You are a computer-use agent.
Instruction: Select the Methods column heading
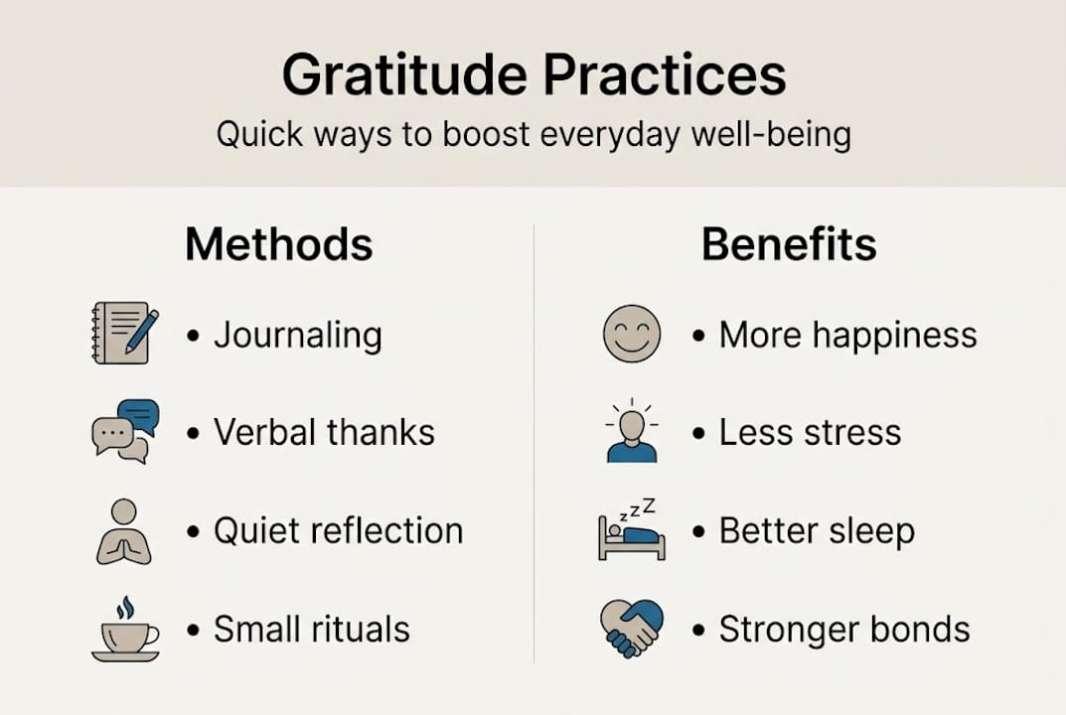pyautogui.click(x=279, y=244)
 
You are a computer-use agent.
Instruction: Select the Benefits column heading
pyautogui.click(x=789, y=244)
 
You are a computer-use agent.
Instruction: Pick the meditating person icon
pyautogui.click(x=124, y=531)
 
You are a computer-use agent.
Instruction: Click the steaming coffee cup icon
pyautogui.click(x=125, y=630)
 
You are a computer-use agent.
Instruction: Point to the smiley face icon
pyautogui.click(x=631, y=334)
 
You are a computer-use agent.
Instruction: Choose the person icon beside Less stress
pyautogui.click(x=631, y=432)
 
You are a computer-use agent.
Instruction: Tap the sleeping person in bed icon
pyautogui.click(x=631, y=531)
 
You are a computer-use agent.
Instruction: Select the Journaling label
pyautogui.click(x=298, y=336)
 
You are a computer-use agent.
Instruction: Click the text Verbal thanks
pyautogui.click(x=324, y=433)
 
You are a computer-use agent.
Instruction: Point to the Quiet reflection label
pyautogui.click(x=338, y=531)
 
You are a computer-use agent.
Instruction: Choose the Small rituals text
pyautogui.click(x=311, y=630)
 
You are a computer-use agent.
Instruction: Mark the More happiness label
pyautogui.click(x=847, y=336)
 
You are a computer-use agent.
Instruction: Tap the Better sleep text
pyautogui.click(x=816, y=531)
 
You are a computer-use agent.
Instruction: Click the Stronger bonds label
pyautogui.click(x=843, y=630)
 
